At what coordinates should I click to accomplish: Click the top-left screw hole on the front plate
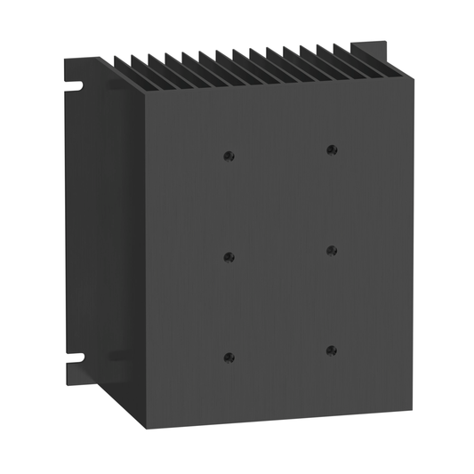point(229,156)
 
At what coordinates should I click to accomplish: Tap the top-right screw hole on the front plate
point(332,149)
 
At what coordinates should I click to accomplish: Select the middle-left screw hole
point(229,257)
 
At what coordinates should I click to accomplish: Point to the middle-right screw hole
point(332,250)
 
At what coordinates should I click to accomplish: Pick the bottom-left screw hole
point(229,358)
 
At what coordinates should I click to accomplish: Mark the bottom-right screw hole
point(332,350)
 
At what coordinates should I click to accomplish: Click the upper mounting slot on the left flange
point(72,86)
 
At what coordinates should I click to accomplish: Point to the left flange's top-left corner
point(64,55)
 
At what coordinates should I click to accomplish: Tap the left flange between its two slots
point(76,222)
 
